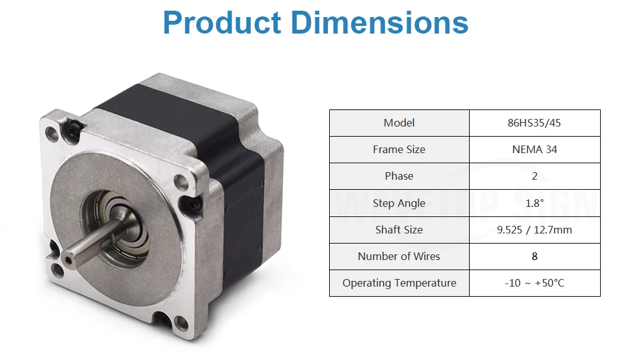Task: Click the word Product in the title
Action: click(x=222, y=22)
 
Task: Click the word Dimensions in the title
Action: click(x=379, y=22)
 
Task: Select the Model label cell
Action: click(x=399, y=123)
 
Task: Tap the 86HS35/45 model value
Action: click(x=534, y=123)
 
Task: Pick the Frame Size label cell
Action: click(x=399, y=149)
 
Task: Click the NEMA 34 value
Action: click(x=534, y=149)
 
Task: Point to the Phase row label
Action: click(x=399, y=176)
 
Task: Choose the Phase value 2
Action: click(x=534, y=176)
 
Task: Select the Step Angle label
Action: click(x=399, y=203)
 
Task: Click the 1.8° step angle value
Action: click(x=534, y=203)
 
